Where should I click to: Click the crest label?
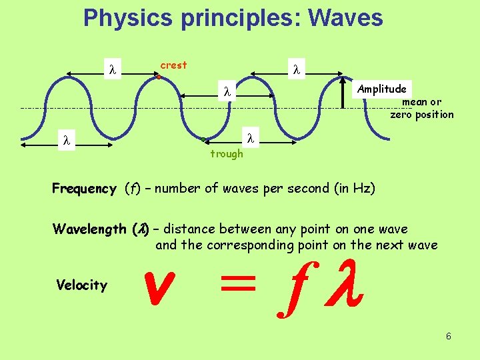click(173, 65)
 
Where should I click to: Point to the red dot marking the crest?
click(159, 77)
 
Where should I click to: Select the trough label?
click(227, 154)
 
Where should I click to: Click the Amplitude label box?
click(381, 89)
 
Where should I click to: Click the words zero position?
click(422, 115)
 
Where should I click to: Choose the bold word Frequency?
click(84, 189)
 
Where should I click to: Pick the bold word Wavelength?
click(89, 230)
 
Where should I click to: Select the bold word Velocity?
click(81, 285)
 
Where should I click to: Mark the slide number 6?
click(449, 336)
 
